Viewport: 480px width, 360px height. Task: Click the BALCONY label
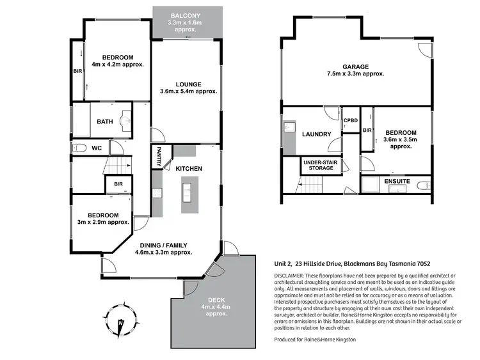coord(185,15)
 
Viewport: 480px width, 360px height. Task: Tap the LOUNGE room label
coord(189,84)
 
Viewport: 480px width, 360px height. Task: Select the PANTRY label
coord(159,157)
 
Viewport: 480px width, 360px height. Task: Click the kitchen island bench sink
coord(186,192)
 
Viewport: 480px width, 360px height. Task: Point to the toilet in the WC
coord(79,148)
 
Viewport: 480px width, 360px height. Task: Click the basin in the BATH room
coord(126,121)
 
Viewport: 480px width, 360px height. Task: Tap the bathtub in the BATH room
coord(81,120)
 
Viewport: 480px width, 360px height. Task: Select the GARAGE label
coord(355,67)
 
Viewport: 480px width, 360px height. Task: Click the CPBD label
coord(351,120)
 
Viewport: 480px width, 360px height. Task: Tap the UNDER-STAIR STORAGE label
coord(321,165)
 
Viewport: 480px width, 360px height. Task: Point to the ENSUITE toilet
coord(424,185)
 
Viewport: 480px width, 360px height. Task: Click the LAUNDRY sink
coord(289,127)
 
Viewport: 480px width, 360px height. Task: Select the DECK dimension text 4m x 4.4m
coord(216,307)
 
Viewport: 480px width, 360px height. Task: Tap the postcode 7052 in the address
coord(424,263)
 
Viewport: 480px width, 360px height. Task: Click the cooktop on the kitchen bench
coord(157,193)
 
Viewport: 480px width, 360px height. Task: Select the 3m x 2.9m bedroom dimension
coord(103,223)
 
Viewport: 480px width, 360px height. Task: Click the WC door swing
coord(116,148)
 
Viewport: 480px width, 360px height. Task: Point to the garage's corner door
coord(425,50)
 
